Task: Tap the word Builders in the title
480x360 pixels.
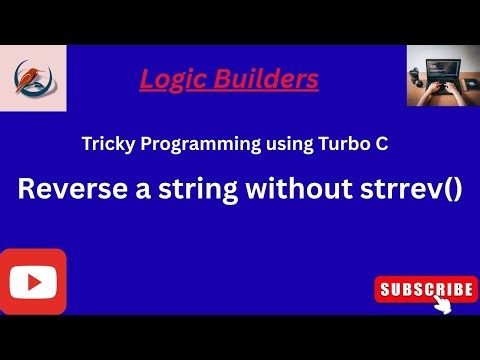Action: pos(269,78)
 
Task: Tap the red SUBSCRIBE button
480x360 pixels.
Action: pos(424,290)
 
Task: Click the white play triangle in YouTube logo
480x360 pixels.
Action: pos(31,281)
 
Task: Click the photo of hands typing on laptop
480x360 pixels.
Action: pos(440,76)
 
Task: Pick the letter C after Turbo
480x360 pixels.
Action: pos(380,145)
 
